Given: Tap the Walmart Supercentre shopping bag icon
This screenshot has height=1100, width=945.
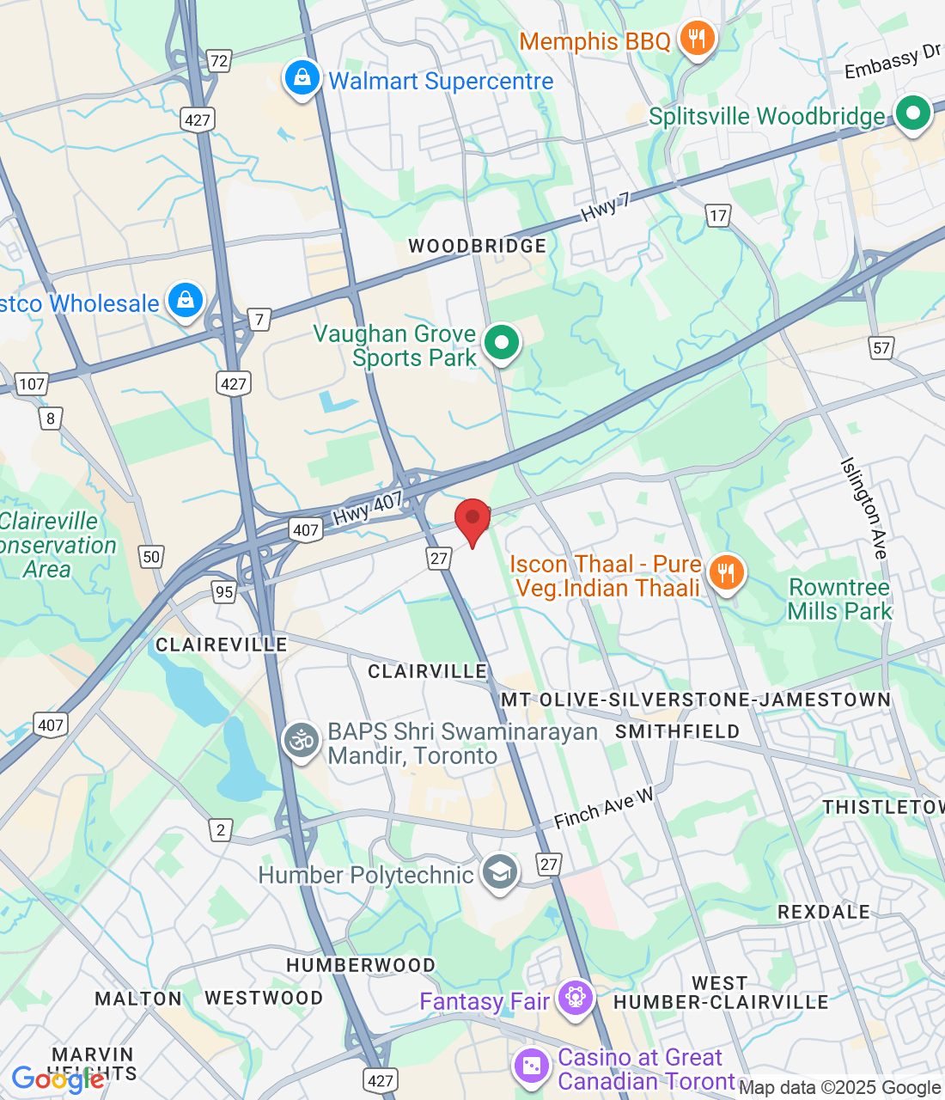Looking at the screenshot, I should tap(302, 79).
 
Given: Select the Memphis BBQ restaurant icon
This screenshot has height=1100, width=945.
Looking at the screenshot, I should tap(697, 39).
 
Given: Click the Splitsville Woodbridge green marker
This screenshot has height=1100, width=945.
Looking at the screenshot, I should tap(912, 113).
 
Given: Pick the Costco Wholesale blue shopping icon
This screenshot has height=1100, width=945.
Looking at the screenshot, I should tap(186, 301).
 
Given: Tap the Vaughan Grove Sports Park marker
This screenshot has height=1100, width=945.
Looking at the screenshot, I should tap(502, 343).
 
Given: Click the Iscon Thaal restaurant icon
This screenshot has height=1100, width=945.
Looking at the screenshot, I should tap(727, 572).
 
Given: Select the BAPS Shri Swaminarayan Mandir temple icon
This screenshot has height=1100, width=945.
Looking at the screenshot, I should tap(302, 741).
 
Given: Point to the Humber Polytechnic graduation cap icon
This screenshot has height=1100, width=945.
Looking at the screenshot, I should tap(500, 873).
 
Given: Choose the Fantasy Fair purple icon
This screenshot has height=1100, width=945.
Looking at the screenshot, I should tap(575, 999).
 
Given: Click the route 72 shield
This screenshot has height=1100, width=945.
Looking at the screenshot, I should tap(219, 61).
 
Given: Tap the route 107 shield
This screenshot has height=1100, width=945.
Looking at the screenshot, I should tap(32, 384).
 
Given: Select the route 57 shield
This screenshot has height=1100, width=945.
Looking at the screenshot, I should tap(881, 347).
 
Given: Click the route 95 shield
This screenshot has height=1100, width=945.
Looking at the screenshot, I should tap(224, 591).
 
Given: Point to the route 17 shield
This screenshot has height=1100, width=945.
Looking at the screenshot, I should tap(718, 216).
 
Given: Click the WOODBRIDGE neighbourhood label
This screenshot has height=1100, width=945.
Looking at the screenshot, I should tap(477, 247).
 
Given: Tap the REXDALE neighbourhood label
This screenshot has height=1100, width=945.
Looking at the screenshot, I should tap(823, 912).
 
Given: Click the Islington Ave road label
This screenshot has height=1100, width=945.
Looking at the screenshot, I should tap(863, 509).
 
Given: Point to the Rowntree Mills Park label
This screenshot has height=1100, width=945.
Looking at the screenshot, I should tap(839, 599).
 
